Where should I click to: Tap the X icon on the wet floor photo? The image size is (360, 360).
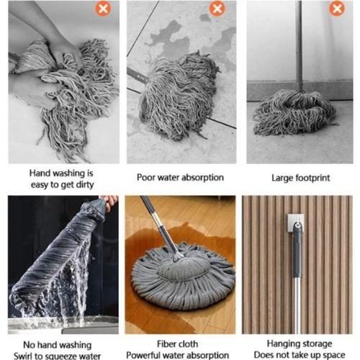(x=217, y=9)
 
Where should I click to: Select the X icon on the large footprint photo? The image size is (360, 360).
(x=336, y=9)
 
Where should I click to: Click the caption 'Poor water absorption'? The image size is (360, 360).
(x=180, y=177)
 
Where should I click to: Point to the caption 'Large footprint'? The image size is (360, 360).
(x=300, y=177)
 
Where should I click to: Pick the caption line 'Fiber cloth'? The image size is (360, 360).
(x=180, y=344)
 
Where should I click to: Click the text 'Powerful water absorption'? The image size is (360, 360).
(x=180, y=355)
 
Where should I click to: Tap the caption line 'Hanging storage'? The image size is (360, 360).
(x=300, y=344)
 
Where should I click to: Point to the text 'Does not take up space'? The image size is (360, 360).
(x=300, y=355)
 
